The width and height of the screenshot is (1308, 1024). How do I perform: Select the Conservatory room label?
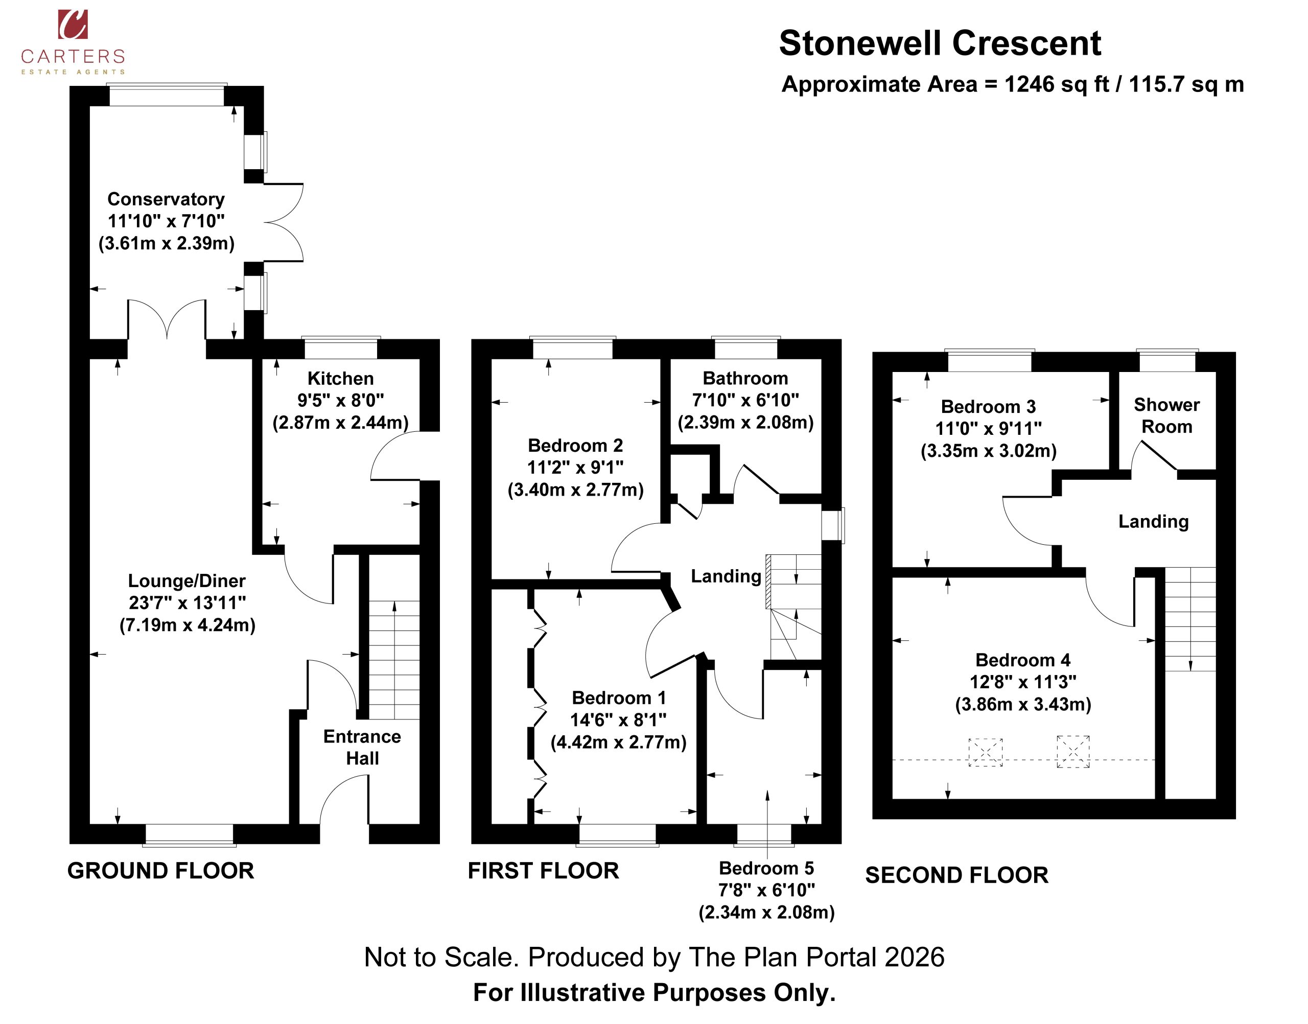point(166,199)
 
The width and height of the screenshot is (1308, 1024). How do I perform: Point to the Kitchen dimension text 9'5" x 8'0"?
point(340,400)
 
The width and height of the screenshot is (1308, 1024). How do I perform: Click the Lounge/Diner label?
point(187,580)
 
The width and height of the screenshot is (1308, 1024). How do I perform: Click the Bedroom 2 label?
point(575,446)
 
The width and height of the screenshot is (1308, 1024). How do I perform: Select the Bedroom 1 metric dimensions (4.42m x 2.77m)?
point(619,742)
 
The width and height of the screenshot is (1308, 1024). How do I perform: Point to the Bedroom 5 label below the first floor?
point(767,868)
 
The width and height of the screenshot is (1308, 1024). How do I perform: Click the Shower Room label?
point(1166,415)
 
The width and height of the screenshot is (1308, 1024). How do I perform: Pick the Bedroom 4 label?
point(1023,660)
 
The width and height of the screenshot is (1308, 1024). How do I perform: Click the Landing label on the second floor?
point(1153,522)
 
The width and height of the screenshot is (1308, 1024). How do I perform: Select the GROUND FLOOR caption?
point(160,871)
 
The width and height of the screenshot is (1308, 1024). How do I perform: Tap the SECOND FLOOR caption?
point(956,875)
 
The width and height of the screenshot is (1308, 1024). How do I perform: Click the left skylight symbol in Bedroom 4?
point(986,752)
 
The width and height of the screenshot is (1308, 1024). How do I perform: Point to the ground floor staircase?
point(394,660)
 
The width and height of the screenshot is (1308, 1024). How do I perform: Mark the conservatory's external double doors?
point(284,222)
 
